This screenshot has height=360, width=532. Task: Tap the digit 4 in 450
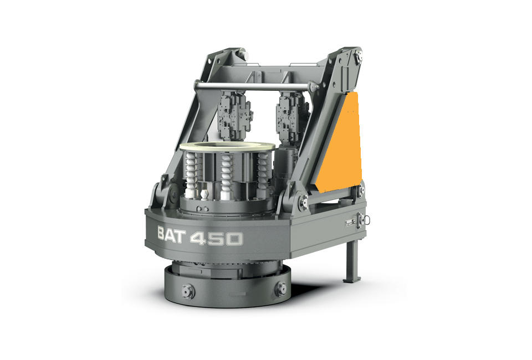tap(198, 238)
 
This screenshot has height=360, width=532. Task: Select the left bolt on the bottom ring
tap(188, 291)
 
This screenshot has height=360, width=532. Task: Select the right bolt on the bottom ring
tap(281, 289)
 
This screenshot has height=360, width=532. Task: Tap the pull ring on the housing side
tap(366, 220)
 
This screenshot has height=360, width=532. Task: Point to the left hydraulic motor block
tap(235, 115)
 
